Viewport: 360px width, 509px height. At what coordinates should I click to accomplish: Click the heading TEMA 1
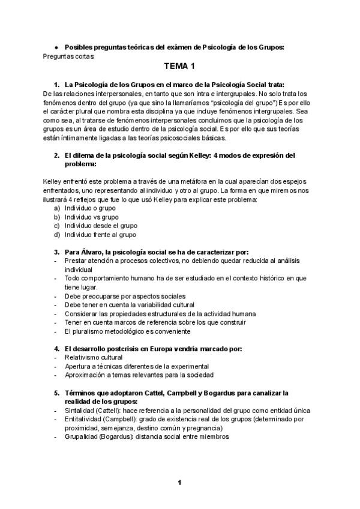[x=179, y=67]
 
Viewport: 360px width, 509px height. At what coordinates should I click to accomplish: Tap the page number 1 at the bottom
[x=179, y=482]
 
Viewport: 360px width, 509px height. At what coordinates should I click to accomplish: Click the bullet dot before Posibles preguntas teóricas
[x=55, y=47]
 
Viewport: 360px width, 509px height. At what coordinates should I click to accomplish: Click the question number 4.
[x=56, y=349]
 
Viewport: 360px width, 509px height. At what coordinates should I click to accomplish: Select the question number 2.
[x=56, y=155]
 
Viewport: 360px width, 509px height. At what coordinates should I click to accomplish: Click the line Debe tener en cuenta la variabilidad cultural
[x=127, y=305]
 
